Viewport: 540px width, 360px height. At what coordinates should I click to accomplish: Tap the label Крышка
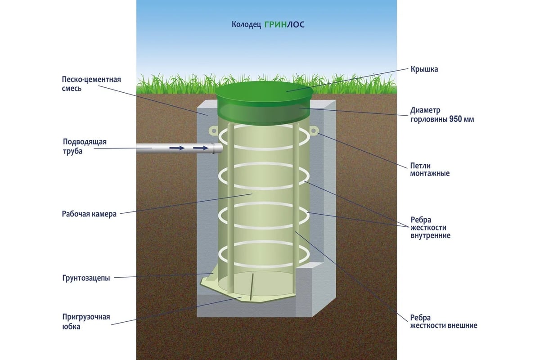424,69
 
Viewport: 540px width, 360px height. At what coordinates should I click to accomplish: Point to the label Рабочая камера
89,214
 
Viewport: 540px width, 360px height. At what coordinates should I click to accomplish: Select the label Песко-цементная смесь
91,84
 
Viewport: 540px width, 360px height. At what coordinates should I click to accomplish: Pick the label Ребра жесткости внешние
443,321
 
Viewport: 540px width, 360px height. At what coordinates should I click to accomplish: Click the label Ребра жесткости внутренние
430,228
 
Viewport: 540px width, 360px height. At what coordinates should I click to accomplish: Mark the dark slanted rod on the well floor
252,285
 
